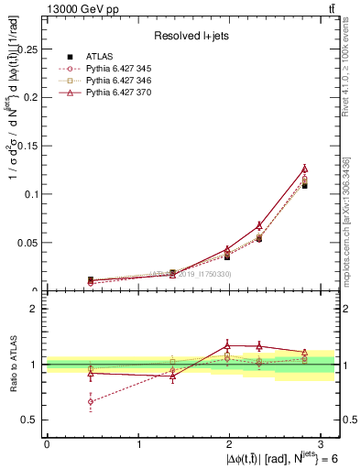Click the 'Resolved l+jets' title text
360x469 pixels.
tap(190, 36)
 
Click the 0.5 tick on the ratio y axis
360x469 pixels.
tap(32, 420)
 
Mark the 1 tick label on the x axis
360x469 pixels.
tap(137, 444)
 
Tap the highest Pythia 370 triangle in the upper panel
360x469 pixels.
tap(305, 169)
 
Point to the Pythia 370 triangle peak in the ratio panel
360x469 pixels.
tap(228, 345)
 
